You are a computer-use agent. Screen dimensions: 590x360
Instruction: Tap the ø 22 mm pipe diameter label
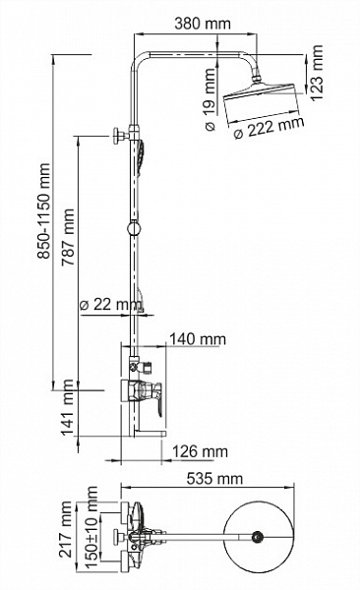[x=107, y=304]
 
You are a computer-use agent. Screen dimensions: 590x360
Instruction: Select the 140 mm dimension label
[x=197, y=339]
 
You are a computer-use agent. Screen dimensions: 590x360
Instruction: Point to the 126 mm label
[x=198, y=451]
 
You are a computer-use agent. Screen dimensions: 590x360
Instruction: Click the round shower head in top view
[x=258, y=537]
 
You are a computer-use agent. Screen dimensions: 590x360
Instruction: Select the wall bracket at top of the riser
[x=122, y=135]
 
